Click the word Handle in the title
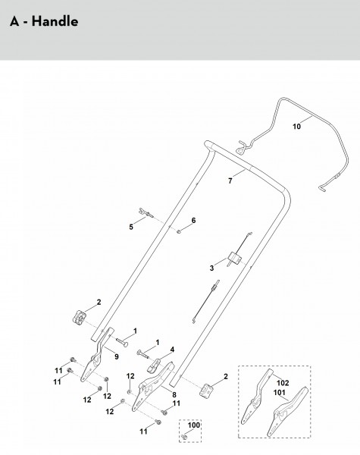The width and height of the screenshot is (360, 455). click(55, 21)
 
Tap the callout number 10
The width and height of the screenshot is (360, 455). click(296, 127)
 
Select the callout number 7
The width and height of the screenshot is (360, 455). click(230, 180)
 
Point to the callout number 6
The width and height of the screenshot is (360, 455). click(193, 220)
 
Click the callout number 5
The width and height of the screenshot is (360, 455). click(131, 227)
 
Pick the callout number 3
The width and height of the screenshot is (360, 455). click(211, 268)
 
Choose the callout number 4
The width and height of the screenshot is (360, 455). click(172, 350)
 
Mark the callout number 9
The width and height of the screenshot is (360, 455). click(117, 356)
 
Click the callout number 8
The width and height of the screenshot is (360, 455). click(174, 394)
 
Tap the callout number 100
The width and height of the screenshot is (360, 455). click(194, 425)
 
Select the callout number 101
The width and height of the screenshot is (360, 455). click(280, 393)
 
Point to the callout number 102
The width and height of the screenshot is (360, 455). click(283, 383)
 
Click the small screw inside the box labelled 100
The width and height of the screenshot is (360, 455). click(184, 437)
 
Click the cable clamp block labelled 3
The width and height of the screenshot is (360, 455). click(235, 258)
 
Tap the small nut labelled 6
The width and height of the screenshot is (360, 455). click(179, 231)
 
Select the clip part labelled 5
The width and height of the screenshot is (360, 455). click(146, 212)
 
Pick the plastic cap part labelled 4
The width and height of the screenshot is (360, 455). click(155, 365)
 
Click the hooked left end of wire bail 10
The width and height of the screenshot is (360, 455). click(241, 146)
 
